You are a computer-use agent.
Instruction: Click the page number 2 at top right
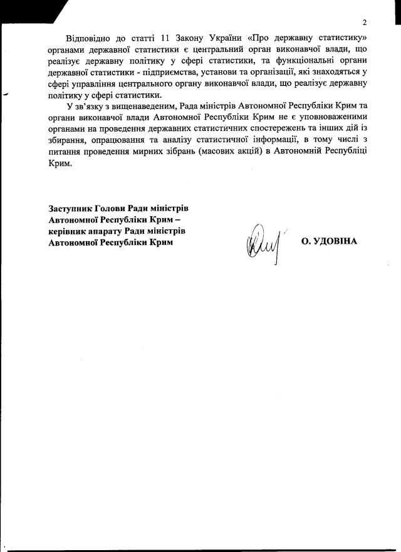point(363,23)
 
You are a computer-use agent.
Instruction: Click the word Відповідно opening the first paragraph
point(87,39)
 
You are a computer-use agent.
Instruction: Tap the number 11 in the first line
point(166,39)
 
